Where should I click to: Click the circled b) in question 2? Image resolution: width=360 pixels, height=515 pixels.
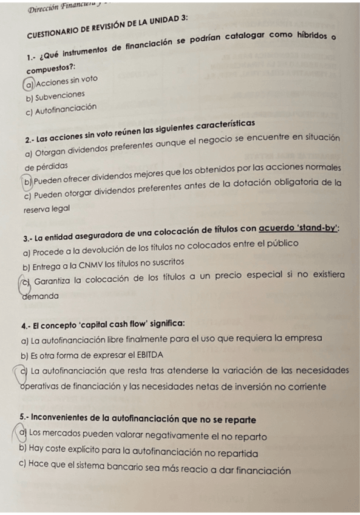click(28, 180)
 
